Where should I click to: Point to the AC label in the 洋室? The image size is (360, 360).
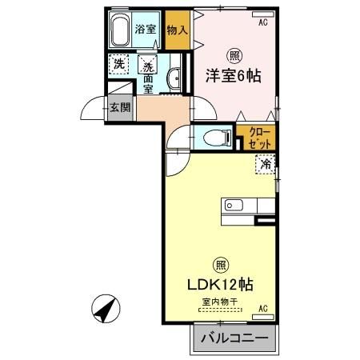pyautogui.click(x=262, y=22)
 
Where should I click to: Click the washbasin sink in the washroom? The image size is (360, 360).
pyautogui.click(x=174, y=78)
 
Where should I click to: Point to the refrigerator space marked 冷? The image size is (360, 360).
pyautogui.click(x=265, y=165)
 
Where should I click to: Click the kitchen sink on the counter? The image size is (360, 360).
pyautogui.click(x=233, y=206)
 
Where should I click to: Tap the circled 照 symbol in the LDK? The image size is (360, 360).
pyautogui.click(x=218, y=265)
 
